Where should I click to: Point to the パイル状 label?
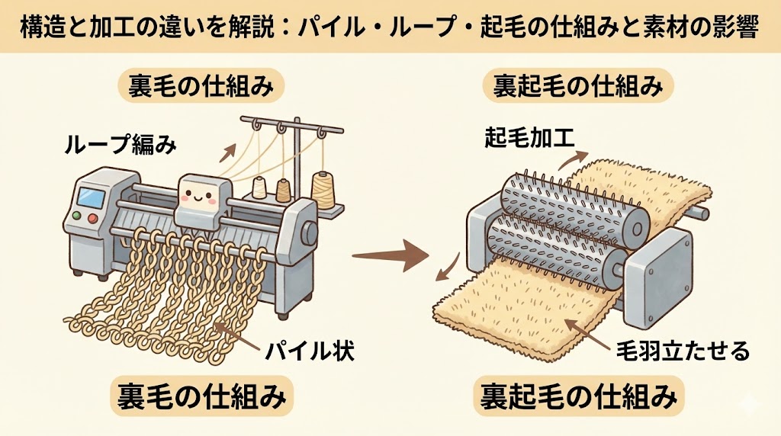309,352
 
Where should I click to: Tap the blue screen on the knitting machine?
91,196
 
